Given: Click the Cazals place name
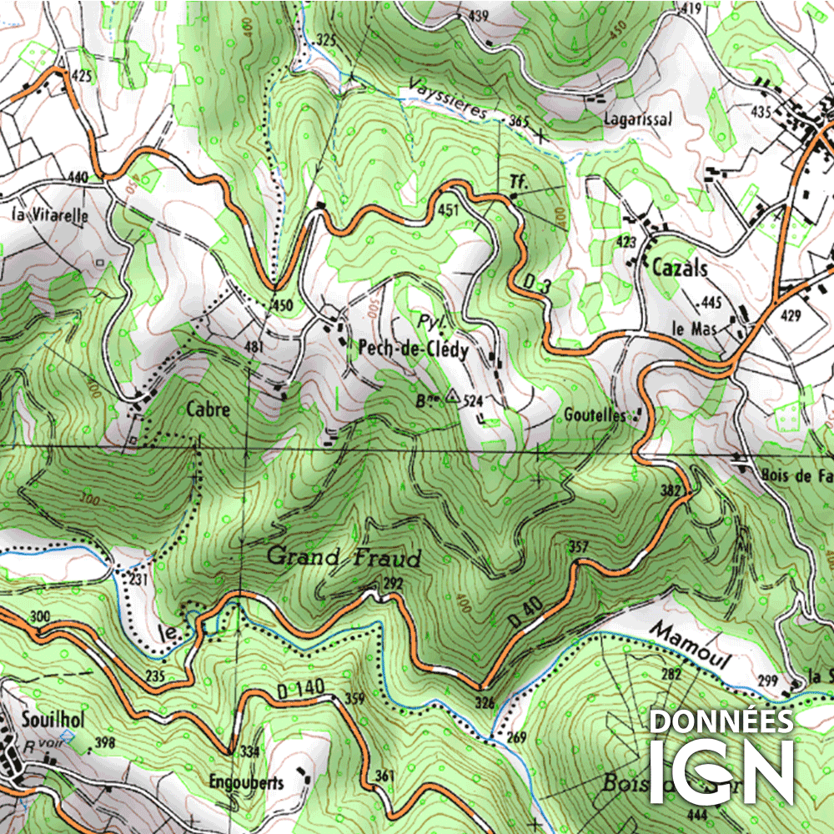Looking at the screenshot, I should pyautogui.click(x=679, y=269).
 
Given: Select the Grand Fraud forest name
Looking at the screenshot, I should pyautogui.click(x=344, y=557).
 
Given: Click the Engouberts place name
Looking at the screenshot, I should pyautogui.click(x=247, y=782).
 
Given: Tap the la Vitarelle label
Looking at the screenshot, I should pyautogui.click(x=50, y=214).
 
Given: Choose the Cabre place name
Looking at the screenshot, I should pyautogui.click(x=208, y=409).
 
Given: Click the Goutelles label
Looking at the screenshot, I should pyautogui.click(x=594, y=414).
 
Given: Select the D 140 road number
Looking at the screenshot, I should pyautogui.click(x=296, y=689).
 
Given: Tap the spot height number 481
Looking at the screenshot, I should pyautogui.click(x=254, y=346).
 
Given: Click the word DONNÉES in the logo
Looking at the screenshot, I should pyautogui.click(x=721, y=721).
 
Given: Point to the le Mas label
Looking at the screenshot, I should pyautogui.click(x=692, y=328).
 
